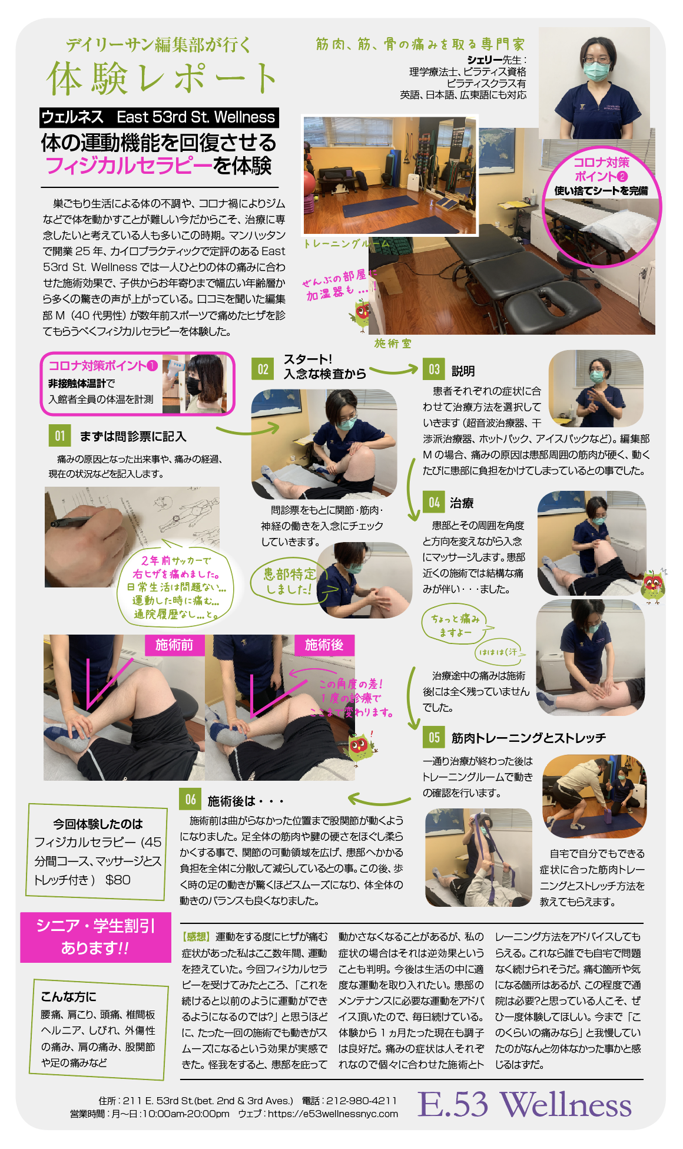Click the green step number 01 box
[x=60, y=436]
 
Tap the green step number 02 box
[x=263, y=369]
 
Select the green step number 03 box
[x=434, y=369]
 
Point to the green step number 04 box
[x=434, y=502]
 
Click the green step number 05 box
[x=434, y=737]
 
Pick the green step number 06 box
[x=191, y=799]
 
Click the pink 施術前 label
[x=174, y=645]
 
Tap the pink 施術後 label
[x=324, y=645]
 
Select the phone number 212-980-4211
[x=361, y=1100]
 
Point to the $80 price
[x=118, y=880]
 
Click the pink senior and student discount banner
[x=95, y=937]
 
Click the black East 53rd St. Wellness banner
[x=159, y=117]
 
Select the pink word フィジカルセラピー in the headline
[x=129, y=166]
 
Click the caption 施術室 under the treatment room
[x=393, y=343]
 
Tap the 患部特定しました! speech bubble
[x=290, y=581]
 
